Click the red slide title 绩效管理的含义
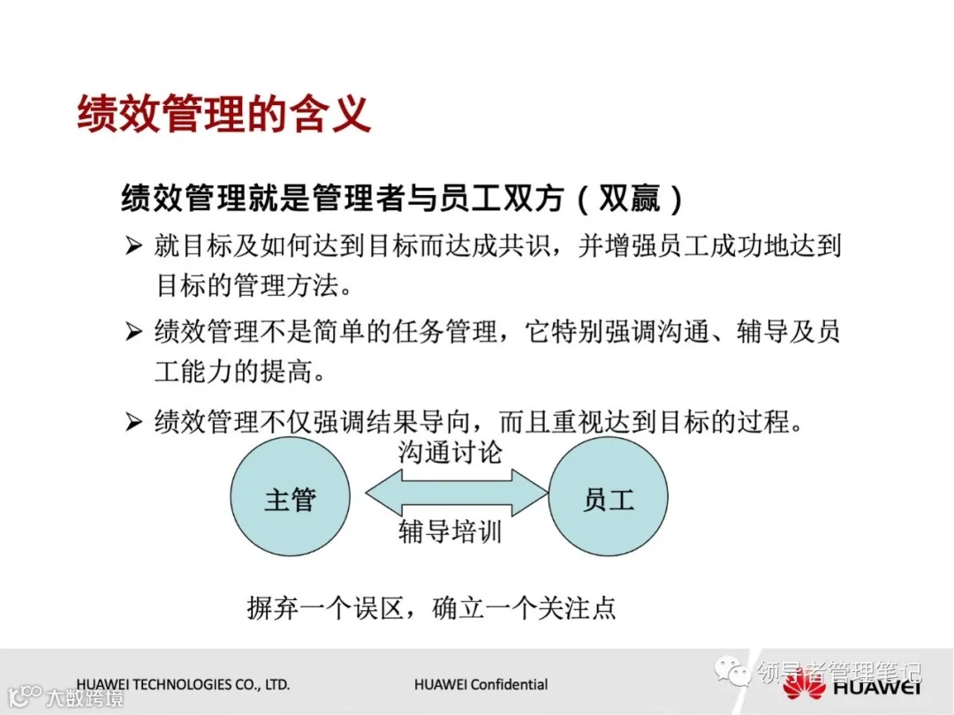click(x=223, y=116)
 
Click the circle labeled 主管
click(x=290, y=500)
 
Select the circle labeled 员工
click(x=609, y=500)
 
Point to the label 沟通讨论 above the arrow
click(x=450, y=454)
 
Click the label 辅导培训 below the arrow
click(x=450, y=531)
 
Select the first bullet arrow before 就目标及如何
click(x=133, y=246)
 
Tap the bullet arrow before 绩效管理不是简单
click(x=133, y=333)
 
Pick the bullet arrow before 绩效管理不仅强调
click(x=133, y=423)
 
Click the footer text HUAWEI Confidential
click(x=481, y=684)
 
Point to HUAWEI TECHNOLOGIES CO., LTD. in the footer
click(x=183, y=684)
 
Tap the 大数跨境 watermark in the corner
click(x=74, y=697)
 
